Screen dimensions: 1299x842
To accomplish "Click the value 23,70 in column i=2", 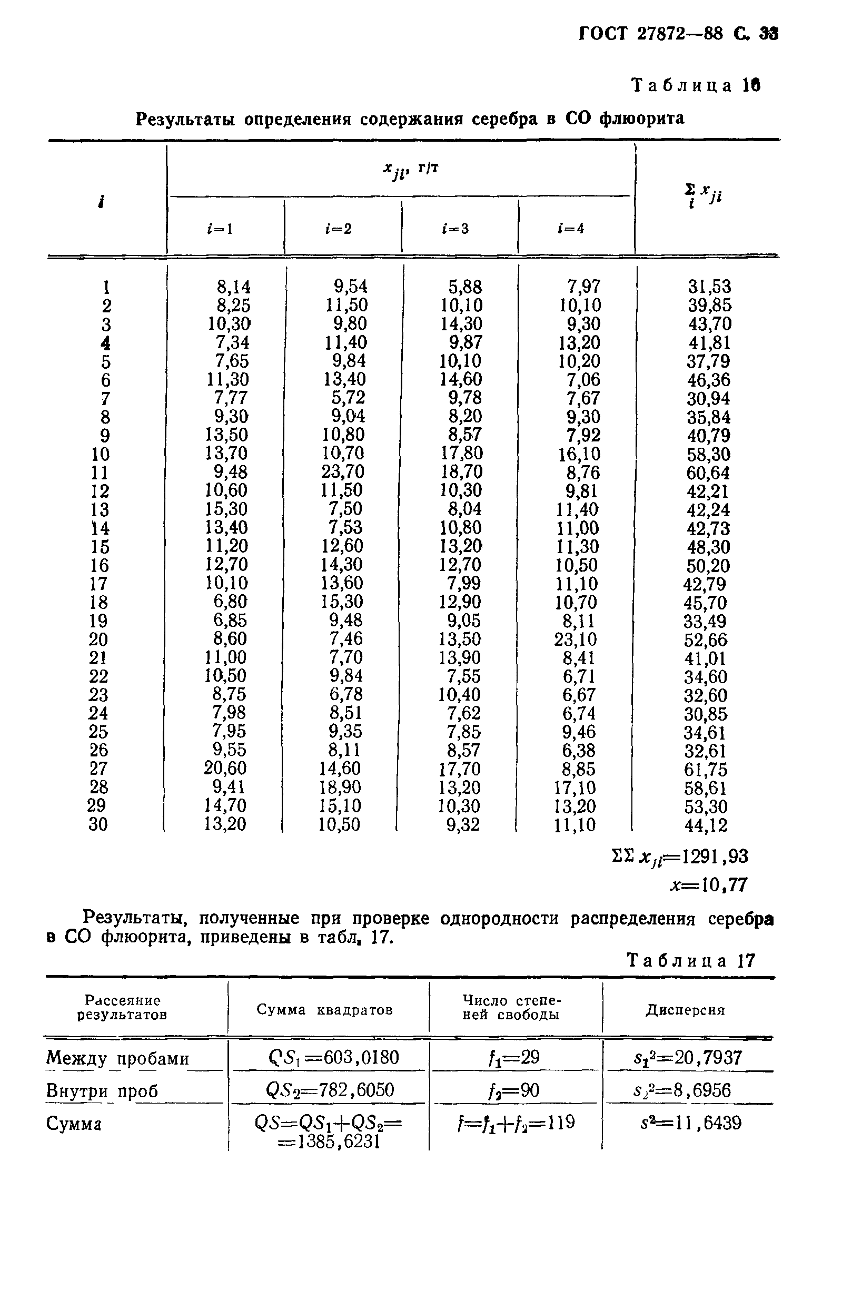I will [342, 471].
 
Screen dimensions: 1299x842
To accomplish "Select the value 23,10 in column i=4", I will [576, 638].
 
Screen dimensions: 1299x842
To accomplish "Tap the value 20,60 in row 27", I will [225, 768].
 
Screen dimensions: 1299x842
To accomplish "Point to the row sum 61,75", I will [707, 770].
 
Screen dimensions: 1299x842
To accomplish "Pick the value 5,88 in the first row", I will [465, 287].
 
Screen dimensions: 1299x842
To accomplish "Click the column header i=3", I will [455, 229].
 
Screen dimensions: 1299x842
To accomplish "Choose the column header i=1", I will [220, 229].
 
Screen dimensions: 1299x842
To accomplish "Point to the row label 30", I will [98, 824].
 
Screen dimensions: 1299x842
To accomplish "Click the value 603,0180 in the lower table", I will [361, 1058].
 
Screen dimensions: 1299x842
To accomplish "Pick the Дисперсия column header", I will [686, 1010].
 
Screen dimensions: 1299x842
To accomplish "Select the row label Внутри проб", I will [102, 1090].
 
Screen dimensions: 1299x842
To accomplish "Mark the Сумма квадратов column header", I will [325, 1010].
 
